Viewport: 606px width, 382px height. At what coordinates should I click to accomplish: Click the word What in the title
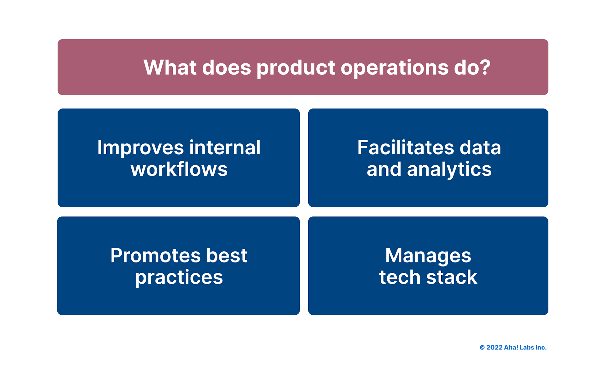click(x=170, y=68)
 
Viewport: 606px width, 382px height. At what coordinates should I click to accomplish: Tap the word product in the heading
click(x=296, y=68)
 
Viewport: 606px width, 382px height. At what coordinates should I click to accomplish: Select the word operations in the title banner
click(x=394, y=68)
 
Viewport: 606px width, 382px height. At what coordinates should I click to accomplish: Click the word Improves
click(x=140, y=148)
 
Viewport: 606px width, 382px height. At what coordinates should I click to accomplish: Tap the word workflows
click(x=179, y=169)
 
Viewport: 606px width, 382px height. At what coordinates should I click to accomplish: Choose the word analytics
click(x=449, y=170)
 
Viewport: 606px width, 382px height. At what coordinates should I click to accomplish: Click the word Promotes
click(x=155, y=256)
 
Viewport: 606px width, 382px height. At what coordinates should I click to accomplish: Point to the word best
click(x=227, y=256)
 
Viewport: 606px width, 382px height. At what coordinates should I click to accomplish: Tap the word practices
click(x=179, y=278)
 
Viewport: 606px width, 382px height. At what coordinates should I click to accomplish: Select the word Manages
click(x=428, y=256)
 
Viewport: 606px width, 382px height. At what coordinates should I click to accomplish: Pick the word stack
click(x=452, y=277)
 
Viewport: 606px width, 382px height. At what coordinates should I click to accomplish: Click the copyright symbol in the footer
click(x=482, y=348)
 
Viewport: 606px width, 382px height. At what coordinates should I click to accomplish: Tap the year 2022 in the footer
click(x=494, y=348)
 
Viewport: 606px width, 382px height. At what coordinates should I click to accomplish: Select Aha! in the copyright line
click(x=511, y=348)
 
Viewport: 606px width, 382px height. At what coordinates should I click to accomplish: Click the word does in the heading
click(x=226, y=68)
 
